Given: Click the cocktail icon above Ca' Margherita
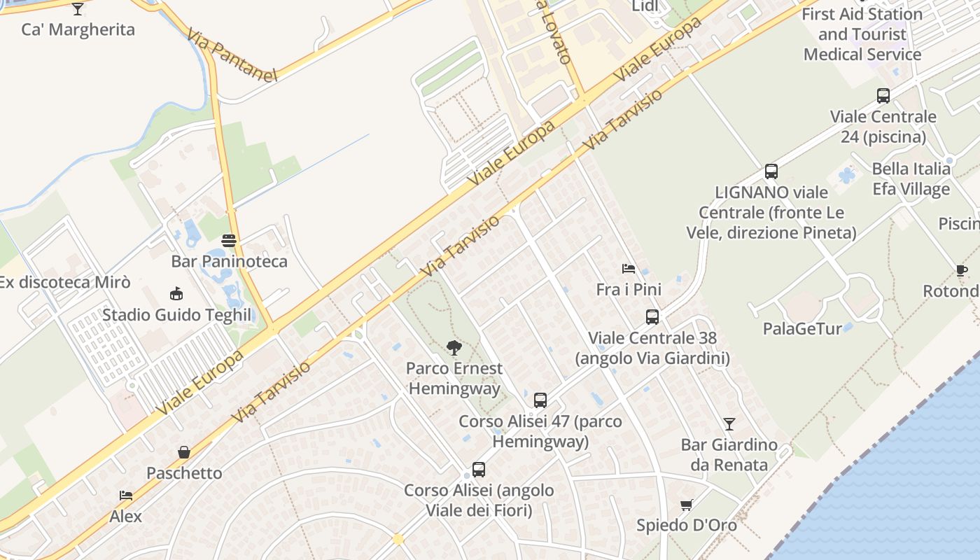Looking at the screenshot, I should click(78, 8).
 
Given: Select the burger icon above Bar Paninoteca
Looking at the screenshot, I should click(229, 241).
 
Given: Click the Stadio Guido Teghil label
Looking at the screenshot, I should click(176, 315).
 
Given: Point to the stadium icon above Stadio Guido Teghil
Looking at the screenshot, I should click(176, 294).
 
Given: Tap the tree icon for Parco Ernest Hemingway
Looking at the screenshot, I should click(454, 347).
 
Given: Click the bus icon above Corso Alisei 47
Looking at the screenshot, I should click(540, 400).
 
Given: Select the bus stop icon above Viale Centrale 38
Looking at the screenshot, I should click(652, 317).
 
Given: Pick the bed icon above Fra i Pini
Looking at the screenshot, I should click(629, 269).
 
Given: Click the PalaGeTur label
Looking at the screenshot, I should click(802, 328).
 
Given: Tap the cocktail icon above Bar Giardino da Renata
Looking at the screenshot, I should click(729, 423).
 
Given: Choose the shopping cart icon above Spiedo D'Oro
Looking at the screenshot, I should click(687, 505).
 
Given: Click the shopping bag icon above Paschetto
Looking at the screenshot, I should click(184, 452).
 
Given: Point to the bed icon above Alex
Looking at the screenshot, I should click(126, 496).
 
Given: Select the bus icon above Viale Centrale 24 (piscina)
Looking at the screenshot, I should click(883, 96).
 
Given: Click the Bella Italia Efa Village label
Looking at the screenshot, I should click(911, 178).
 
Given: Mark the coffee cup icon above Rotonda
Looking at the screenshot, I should click(962, 271).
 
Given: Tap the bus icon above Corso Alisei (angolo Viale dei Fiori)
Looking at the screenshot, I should click(479, 470).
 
